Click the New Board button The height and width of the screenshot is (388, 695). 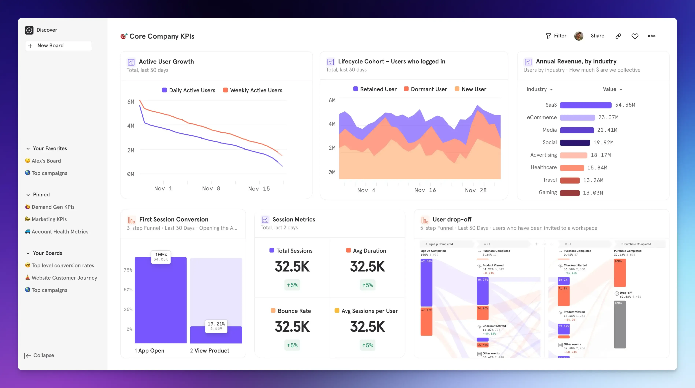pyautogui.click(x=58, y=46)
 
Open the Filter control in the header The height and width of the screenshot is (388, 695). pyautogui.click(x=556, y=36)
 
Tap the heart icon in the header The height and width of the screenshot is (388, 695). pyautogui.click(x=635, y=36)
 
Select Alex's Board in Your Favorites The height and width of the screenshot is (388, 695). pyautogui.click(x=46, y=161)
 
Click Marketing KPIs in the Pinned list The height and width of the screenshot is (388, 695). pyautogui.click(x=49, y=219)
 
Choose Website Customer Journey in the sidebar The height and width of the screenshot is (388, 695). pyautogui.click(x=64, y=278)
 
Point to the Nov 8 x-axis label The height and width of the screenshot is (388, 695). pyautogui.click(x=211, y=189)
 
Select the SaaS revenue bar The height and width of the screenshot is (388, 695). pyautogui.click(x=585, y=105)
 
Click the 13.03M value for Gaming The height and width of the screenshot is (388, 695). pyautogui.click(x=593, y=193)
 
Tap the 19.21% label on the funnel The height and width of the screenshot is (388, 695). pyautogui.click(x=216, y=324)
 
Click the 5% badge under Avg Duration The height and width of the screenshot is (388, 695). pyautogui.click(x=367, y=285)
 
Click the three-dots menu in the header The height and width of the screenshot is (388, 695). pyautogui.click(x=652, y=36)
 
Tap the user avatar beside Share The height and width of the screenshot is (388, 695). pyautogui.click(x=578, y=36)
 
